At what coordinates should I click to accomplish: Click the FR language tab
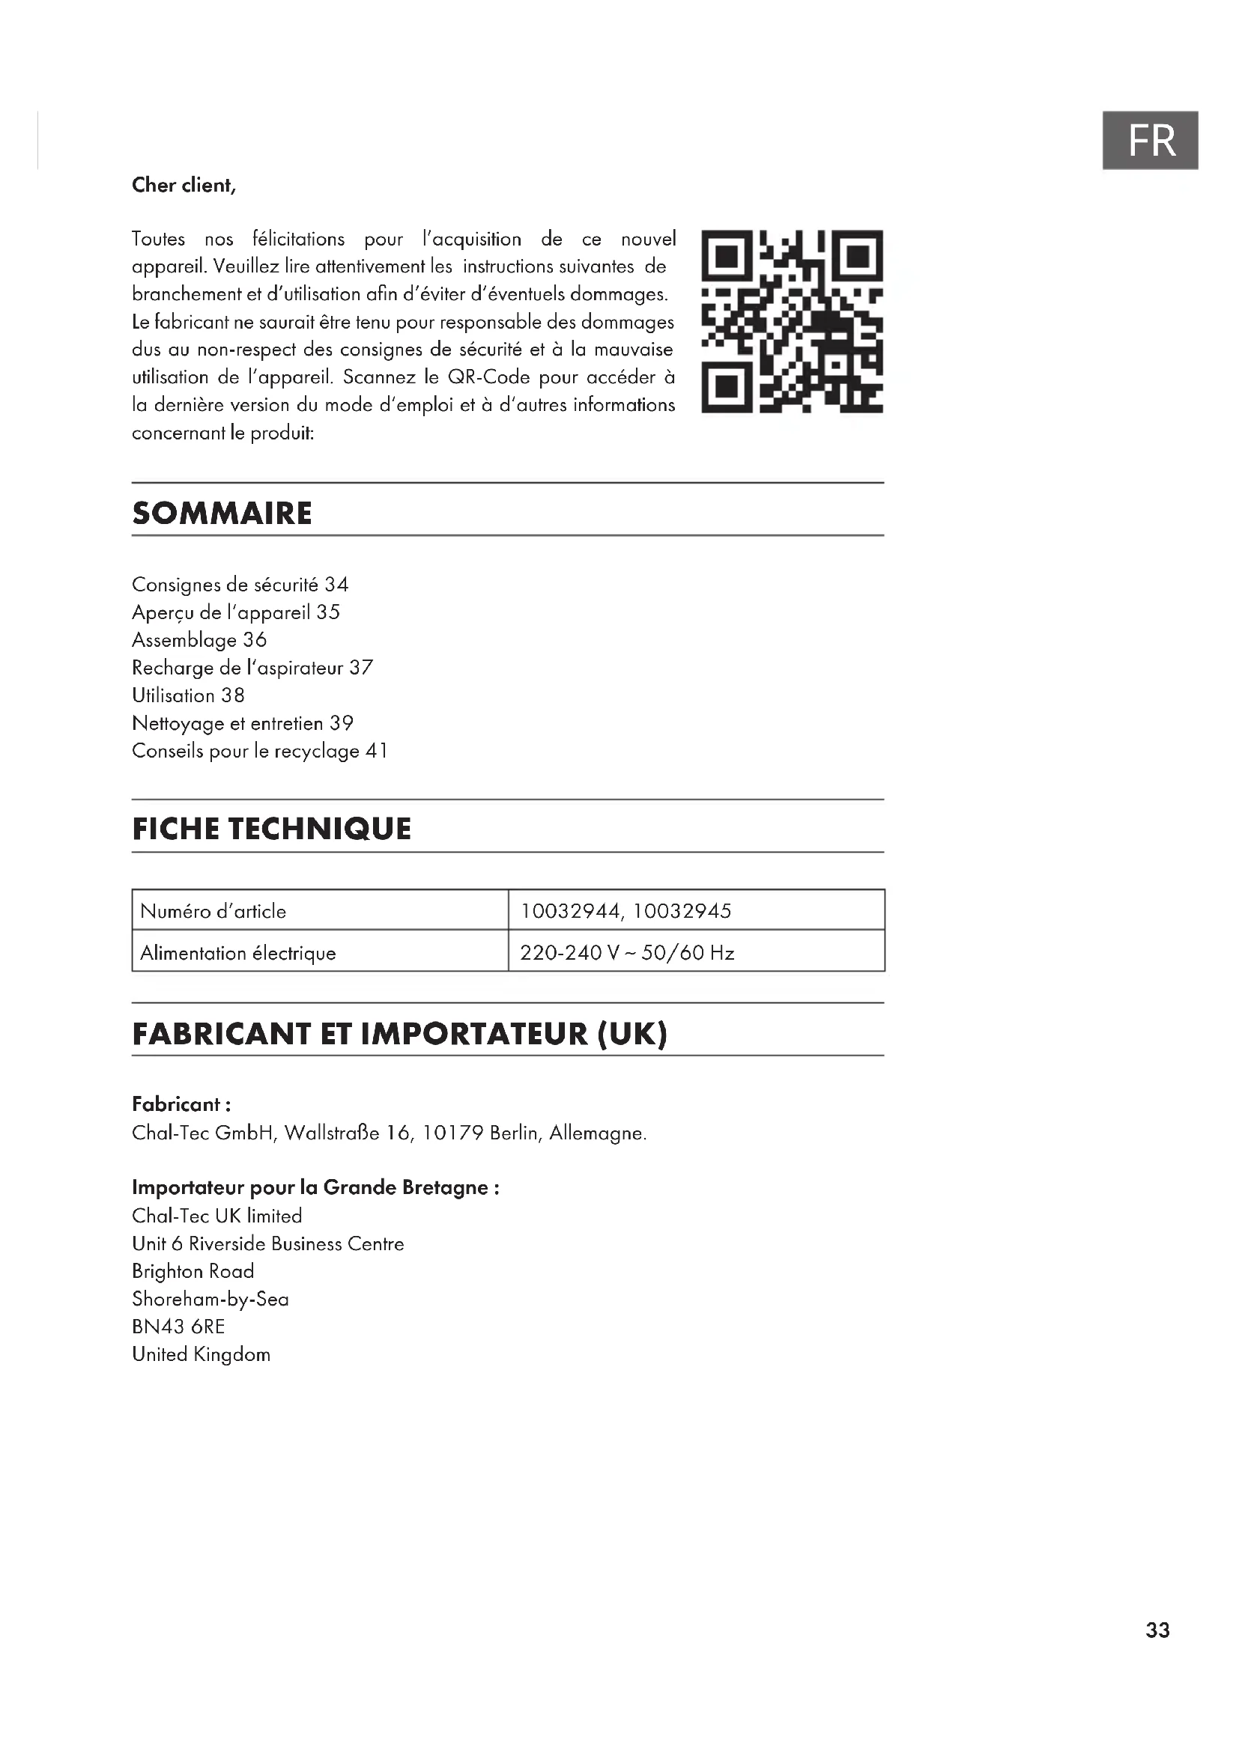pyautogui.click(x=1150, y=140)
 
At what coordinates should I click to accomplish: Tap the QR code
pyautogui.click(x=792, y=321)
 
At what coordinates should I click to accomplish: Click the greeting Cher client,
pyautogui.click(x=184, y=186)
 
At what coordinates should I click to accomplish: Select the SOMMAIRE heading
pyautogui.click(x=222, y=514)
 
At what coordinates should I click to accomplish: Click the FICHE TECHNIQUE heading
pyautogui.click(x=272, y=829)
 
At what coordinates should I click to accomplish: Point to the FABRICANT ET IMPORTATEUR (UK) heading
pyautogui.click(x=400, y=1034)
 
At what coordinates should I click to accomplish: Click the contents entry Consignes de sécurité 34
pyautogui.click(x=240, y=585)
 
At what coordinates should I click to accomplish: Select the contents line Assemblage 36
pyautogui.click(x=199, y=640)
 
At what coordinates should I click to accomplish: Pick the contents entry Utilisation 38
pyautogui.click(x=189, y=695)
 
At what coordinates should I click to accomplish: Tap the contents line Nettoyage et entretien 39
pyautogui.click(x=243, y=723)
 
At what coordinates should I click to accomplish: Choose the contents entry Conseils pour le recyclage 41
pyautogui.click(x=260, y=751)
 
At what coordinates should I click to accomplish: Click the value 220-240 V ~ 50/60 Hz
pyautogui.click(x=627, y=953)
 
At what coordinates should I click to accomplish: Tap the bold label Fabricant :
pyautogui.click(x=181, y=1104)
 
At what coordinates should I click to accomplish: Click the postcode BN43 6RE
pyautogui.click(x=178, y=1327)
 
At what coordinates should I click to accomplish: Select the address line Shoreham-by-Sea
pyautogui.click(x=210, y=1299)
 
